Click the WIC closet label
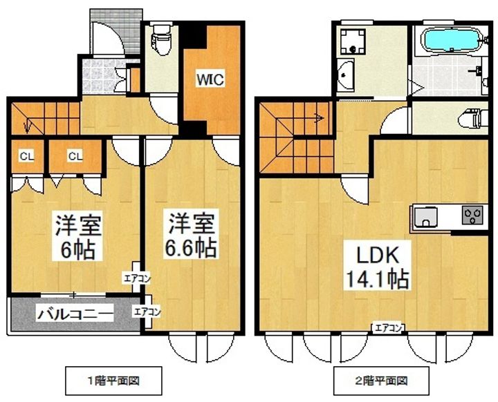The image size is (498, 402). coord(210,79)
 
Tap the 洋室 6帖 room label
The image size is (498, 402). coord(78,236)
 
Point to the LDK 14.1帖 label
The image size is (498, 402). coord(377,265)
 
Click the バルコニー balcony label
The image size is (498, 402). coord(75,314)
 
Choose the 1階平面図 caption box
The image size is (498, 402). coord(113,381)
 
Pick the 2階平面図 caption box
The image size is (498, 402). coord(381,381)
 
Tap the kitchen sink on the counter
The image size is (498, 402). coord(425,216)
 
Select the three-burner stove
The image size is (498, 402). coord(472,215)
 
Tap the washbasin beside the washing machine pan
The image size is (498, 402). coord(346,75)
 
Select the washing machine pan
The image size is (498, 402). coord(352,41)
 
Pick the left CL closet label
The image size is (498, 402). coord(27,156)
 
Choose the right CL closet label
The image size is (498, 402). coord(75,156)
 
